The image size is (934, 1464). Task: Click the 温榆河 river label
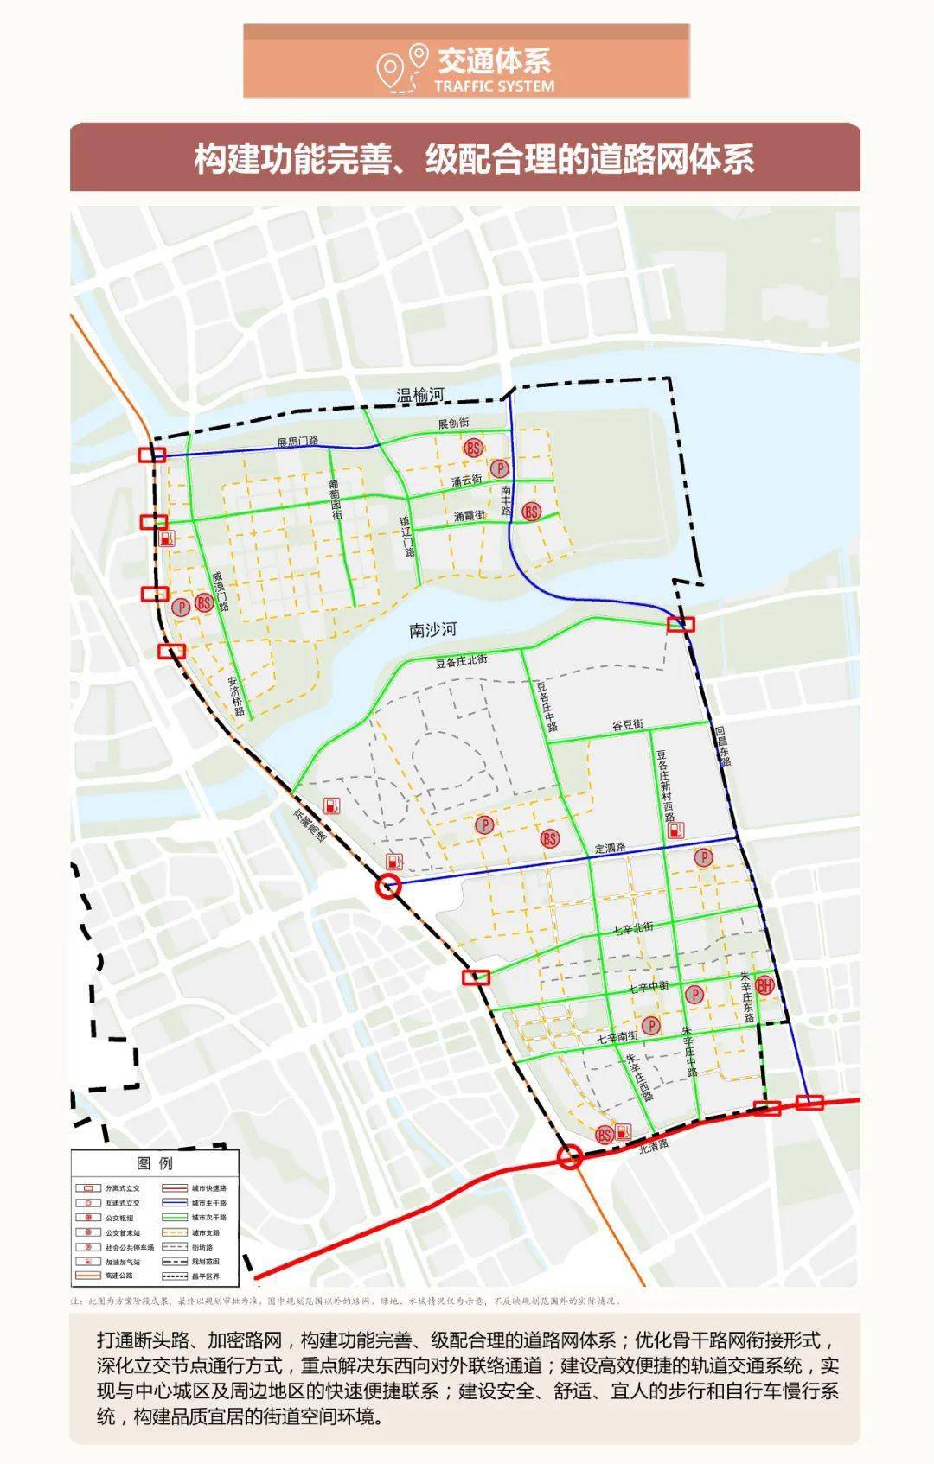[x=419, y=396]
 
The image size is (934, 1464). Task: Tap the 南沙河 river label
[x=432, y=630]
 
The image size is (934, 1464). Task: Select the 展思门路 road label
[x=297, y=442]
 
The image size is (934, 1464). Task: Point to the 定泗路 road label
[x=610, y=848]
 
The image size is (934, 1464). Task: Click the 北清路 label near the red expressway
[x=654, y=1145]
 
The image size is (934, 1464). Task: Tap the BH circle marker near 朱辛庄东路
[x=764, y=984]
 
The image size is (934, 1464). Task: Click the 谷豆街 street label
[x=628, y=726]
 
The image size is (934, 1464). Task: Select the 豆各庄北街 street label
[x=461, y=661]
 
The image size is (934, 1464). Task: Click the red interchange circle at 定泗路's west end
[x=389, y=886]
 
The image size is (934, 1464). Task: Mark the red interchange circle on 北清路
[x=569, y=1157]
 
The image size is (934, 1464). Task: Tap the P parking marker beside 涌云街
[x=500, y=469]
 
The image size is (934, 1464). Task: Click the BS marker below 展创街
[x=473, y=448]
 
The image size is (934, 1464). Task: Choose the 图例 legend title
[x=155, y=1163]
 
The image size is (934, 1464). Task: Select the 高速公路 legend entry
[x=118, y=1276]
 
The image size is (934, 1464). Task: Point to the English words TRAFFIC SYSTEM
[x=494, y=86]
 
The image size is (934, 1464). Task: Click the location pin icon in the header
[x=419, y=58]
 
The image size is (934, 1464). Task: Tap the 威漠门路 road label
[x=222, y=591]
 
